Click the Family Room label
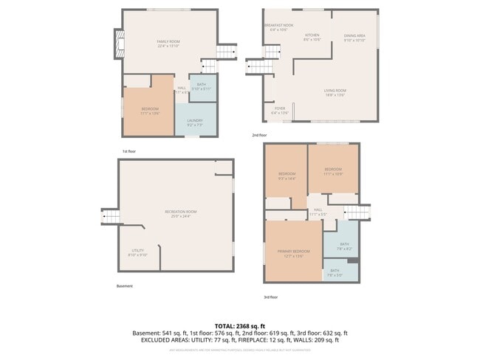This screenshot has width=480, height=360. (x=168, y=42)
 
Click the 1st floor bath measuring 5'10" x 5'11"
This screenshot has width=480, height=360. (x=201, y=86)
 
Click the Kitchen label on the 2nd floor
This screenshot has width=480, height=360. (x=312, y=37)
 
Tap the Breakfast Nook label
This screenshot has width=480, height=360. (x=279, y=27)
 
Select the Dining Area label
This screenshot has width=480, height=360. (x=354, y=38)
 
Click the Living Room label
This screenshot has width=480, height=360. (x=335, y=92)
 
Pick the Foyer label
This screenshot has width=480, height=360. (x=279, y=111)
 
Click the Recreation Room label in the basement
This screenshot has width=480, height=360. (x=180, y=214)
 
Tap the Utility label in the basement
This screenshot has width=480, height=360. (x=139, y=252)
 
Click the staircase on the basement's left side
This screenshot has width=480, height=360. (x=111, y=217)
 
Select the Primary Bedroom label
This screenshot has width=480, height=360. (x=294, y=253)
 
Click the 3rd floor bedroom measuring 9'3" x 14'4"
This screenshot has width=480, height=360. (x=287, y=176)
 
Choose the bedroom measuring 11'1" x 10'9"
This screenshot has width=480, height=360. (x=334, y=171)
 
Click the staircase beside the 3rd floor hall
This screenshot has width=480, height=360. (x=356, y=212)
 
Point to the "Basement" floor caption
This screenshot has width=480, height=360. (x=125, y=286)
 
